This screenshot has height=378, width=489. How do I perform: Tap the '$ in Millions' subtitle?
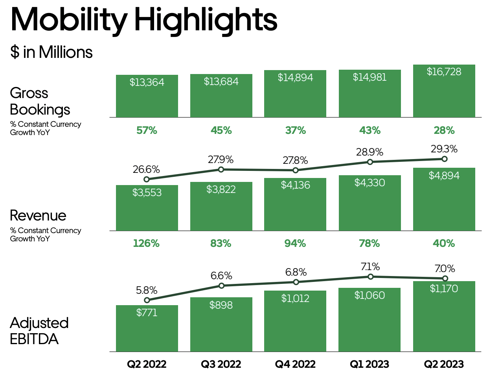point(51,52)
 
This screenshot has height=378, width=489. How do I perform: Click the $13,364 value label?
point(147,82)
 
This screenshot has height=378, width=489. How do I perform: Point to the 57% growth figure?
point(147,130)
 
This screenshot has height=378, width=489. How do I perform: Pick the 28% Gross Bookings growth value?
point(444,130)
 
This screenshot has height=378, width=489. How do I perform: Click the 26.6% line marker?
point(147,179)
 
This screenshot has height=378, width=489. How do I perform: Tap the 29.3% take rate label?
point(444,149)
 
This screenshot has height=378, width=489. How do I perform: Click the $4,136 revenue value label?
point(295,185)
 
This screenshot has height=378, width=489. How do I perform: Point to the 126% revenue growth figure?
point(146,243)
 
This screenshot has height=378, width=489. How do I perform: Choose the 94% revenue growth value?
point(295,243)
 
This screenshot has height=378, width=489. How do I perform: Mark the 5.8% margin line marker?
point(147,300)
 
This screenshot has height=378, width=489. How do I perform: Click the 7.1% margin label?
point(370,267)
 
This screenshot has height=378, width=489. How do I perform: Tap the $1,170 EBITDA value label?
point(444,289)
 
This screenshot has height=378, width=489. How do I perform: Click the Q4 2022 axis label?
point(295,364)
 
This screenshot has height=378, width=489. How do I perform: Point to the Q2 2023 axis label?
point(444,364)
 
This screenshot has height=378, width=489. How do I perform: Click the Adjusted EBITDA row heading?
point(39,331)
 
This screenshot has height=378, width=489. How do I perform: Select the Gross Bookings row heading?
point(40,101)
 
